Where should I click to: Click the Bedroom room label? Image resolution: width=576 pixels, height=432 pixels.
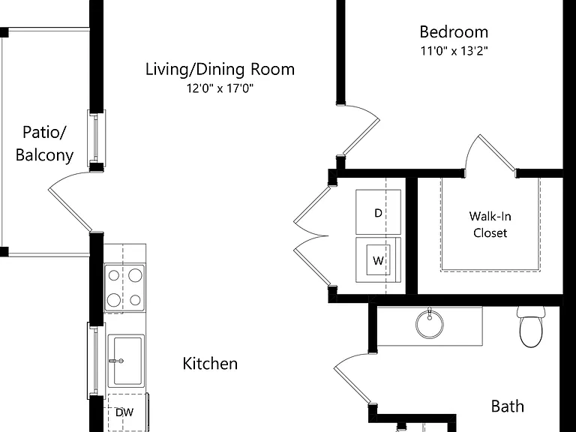coord(454,32)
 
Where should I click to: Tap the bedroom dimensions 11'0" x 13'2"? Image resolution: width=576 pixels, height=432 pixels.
coord(454,51)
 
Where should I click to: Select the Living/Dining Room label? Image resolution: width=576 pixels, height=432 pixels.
coord(220,70)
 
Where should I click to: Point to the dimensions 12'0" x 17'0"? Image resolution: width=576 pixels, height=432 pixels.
coord(220,88)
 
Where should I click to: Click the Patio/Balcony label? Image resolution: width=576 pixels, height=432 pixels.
coord(44,144)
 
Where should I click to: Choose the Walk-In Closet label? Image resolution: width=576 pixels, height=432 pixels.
coord(490,224)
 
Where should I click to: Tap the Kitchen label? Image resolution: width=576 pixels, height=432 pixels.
coord(210,364)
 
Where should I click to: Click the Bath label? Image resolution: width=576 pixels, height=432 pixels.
coord(507,406)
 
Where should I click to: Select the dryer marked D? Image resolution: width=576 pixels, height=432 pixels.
coord(378,212)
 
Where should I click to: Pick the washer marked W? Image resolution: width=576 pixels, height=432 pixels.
coord(378,260)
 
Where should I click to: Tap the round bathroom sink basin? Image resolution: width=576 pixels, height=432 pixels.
coord(430,324)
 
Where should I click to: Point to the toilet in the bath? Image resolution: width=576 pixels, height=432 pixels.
coord(531,327)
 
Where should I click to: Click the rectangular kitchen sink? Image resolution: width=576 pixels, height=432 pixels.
coord(127,360)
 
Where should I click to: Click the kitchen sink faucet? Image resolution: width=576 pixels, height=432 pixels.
coord(116,361)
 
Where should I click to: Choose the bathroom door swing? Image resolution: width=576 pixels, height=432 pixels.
coord(352,378)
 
